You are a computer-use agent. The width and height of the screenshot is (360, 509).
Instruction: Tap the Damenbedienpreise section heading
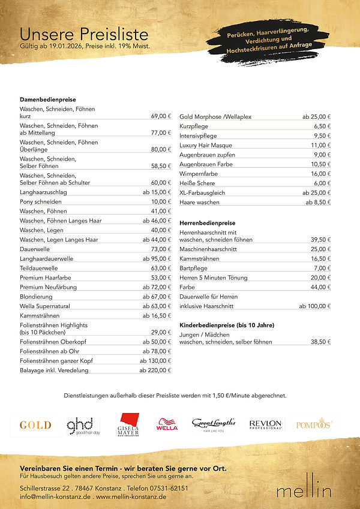tap(48, 99)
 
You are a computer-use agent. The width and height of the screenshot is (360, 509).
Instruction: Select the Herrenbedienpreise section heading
tap(207, 223)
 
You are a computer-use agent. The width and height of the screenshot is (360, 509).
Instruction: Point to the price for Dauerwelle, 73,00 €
tap(161, 249)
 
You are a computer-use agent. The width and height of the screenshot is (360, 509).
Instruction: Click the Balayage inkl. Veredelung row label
tap(54, 371)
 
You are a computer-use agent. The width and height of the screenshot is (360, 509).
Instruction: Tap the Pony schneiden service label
tap(41, 202)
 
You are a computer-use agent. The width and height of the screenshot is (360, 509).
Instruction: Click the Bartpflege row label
tap(193, 268)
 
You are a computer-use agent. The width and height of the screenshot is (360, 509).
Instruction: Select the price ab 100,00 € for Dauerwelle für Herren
tap(314, 306)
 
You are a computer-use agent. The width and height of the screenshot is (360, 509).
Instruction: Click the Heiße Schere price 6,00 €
tap(322, 183)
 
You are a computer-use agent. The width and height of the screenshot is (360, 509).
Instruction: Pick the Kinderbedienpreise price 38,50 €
tap(320, 342)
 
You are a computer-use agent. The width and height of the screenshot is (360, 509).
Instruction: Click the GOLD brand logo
tap(35, 425)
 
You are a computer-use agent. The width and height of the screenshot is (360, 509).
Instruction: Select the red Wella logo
tap(167, 425)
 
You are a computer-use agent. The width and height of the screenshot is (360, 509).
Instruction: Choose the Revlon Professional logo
tap(265, 424)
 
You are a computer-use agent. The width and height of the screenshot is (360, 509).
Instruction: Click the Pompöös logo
tap(314, 424)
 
